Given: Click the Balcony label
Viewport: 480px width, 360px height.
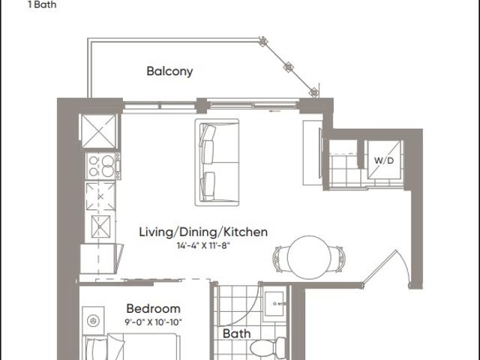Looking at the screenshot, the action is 169,71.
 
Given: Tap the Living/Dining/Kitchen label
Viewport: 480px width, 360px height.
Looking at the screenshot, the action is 203,232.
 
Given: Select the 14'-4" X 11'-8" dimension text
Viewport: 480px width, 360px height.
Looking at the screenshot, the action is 203,245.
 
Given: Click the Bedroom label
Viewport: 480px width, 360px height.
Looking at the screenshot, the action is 153,308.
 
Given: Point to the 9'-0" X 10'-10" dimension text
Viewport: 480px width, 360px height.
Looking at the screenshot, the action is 153,322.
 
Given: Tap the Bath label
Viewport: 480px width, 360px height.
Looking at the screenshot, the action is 236,333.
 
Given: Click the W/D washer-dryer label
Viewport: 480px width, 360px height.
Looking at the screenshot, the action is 384,160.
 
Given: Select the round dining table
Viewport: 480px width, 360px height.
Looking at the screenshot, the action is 309,257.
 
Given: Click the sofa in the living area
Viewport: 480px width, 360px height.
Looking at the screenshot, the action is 217,162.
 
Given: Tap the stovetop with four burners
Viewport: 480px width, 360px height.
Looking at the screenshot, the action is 103,166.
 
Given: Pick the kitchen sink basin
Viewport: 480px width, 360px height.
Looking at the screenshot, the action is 100,226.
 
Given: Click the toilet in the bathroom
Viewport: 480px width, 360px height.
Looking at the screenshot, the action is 268,348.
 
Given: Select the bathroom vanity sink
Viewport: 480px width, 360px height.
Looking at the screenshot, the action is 275,303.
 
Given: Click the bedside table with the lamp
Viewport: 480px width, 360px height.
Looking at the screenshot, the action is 93,321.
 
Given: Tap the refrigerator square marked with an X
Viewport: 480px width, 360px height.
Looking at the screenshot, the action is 98,131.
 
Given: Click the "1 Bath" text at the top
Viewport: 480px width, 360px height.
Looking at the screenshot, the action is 42,4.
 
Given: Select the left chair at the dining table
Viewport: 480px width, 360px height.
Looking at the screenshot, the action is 280,259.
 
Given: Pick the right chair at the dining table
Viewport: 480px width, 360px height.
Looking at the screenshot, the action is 338,259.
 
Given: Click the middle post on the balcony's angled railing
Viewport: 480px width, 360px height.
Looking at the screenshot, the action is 288,67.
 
